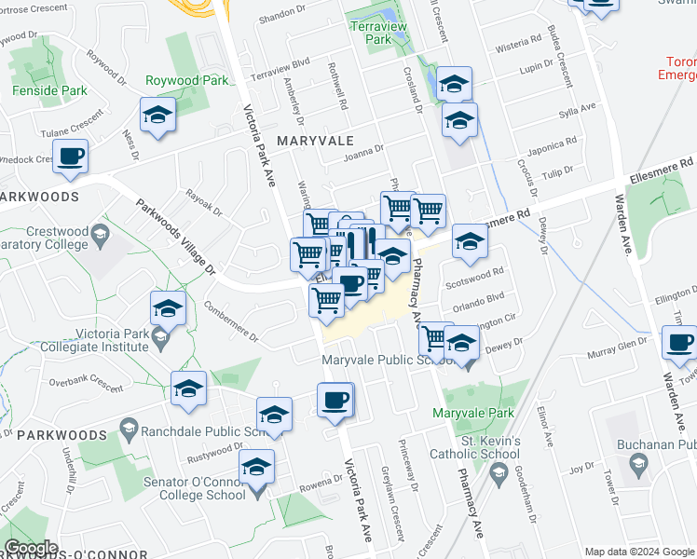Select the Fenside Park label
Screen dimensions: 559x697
pos(49,91)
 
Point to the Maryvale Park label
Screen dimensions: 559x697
pos(473,412)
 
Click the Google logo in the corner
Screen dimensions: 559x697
pos(30,548)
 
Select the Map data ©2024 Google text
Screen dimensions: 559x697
pos(638,552)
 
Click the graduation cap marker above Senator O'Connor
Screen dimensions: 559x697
pos(274,416)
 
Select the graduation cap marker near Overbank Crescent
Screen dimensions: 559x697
pos(188,389)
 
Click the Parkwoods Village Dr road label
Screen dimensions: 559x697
pos(176,239)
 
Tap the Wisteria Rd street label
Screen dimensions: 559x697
pos(520,42)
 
